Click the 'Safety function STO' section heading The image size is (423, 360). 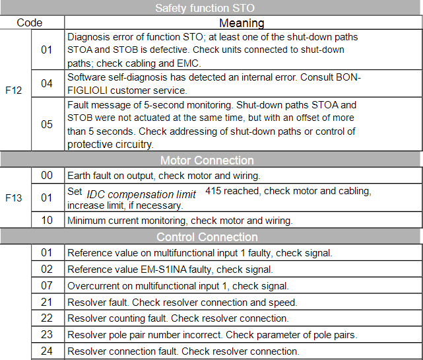coord(211,8)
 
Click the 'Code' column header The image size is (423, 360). coord(30,22)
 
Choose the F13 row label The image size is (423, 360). coord(14,197)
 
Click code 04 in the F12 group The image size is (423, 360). coord(47,84)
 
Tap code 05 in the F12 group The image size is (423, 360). coord(47,124)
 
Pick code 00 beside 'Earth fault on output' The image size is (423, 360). coord(47,175)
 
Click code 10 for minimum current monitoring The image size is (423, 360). coord(47,220)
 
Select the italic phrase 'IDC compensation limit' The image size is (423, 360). coord(141,194)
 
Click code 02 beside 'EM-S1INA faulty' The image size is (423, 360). coord(47,269)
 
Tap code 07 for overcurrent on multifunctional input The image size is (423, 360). coord(47,285)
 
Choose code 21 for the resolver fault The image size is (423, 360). coord(47,302)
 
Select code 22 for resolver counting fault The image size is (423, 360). coord(47,318)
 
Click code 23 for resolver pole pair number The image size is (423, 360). coord(47,335)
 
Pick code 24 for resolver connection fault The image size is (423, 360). coord(47,351)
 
